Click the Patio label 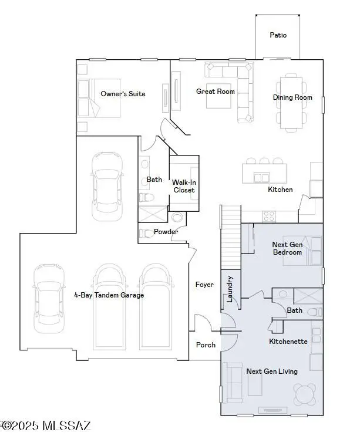[278, 35]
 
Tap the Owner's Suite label [123, 94]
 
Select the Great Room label [216, 92]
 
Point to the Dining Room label [292, 97]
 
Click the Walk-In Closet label [183, 186]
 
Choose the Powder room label [166, 232]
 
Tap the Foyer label [204, 285]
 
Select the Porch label [206, 345]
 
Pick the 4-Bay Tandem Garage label [109, 295]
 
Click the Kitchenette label [288, 342]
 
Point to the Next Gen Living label [271, 371]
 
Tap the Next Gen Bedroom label [287, 248]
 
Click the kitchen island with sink [264, 174]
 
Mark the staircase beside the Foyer [231, 235]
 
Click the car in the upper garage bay [107, 184]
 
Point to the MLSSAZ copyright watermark [46, 425]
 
